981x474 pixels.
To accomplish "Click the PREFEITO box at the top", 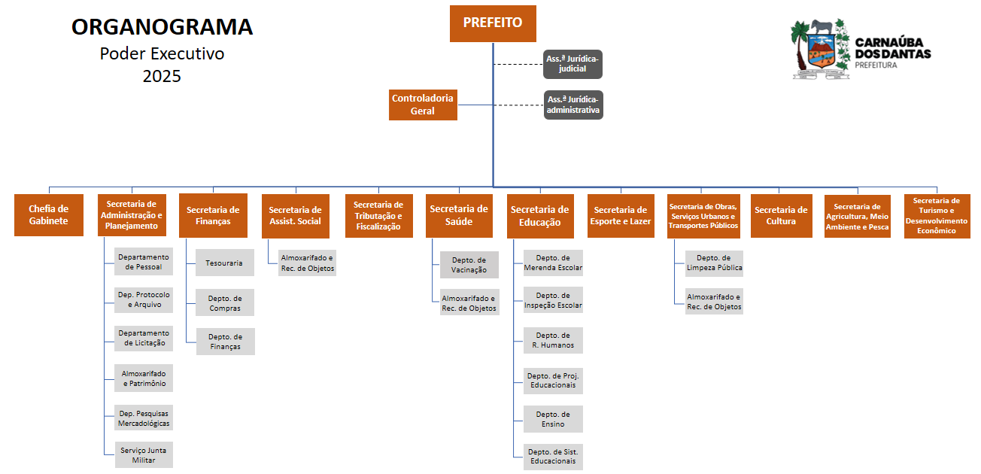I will (x=493, y=23).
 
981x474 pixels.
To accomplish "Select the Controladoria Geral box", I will (x=423, y=105).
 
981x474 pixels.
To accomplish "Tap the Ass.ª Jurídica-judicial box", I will (x=573, y=64).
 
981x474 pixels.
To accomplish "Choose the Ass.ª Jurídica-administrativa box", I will (x=573, y=105).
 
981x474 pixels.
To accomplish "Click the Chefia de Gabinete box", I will (x=49, y=215).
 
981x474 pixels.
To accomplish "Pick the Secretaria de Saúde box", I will (x=459, y=215).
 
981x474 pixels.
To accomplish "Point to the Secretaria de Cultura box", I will (x=781, y=216).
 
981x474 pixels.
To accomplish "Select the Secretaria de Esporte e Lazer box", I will (x=621, y=216).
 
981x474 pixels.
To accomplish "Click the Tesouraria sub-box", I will (x=224, y=263).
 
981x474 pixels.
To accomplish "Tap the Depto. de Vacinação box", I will (x=469, y=265).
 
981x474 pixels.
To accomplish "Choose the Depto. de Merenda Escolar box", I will (x=553, y=263).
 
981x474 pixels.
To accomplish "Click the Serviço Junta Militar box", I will (x=144, y=455).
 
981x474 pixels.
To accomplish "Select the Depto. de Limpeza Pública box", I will (x=714, y=263).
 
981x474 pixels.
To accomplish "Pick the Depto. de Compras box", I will (x=225, y=302).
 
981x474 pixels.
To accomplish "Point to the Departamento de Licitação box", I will (x=144, y=339).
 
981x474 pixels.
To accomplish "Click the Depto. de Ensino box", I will (x=553, y=419).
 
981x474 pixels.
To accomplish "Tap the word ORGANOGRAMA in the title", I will (x=162, y=28).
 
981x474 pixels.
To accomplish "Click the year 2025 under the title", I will (x=162, y=76).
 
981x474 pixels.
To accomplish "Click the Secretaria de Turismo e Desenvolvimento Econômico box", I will (x=937, y=216).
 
